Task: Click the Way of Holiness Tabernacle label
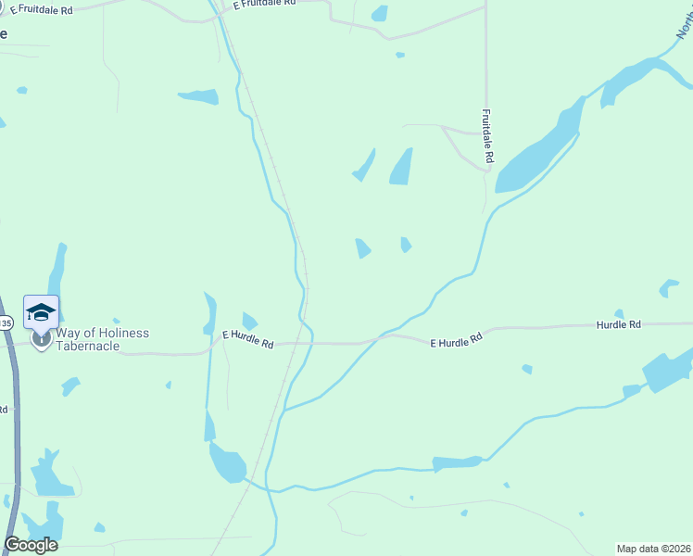pyautogui.click(x=102, y=338)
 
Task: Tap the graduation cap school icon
pyautogui.click(x=42, y=311)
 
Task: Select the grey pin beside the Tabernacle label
pyautogui.click(x=42, y=338)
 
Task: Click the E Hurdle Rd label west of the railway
pyautogui.click(x=248, y=338)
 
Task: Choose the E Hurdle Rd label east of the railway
pyautogui.click(x=457, y=340)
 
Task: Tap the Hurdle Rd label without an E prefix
pyautogui.click(x=618, y=325)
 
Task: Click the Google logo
pyautogui.click(x=31, y=545)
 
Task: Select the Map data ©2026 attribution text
pyautogui.click(x=653, y=548)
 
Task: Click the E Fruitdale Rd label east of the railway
pyautogui.click(x=264, y=5)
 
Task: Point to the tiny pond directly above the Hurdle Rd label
pyautogui.click(x=619, y=313)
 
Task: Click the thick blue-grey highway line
pyautogui.click(x=14, y=417)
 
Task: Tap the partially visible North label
pyautogui.click(x=684, y=19)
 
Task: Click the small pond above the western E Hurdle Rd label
pyautogui.click(x=249, y=320)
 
